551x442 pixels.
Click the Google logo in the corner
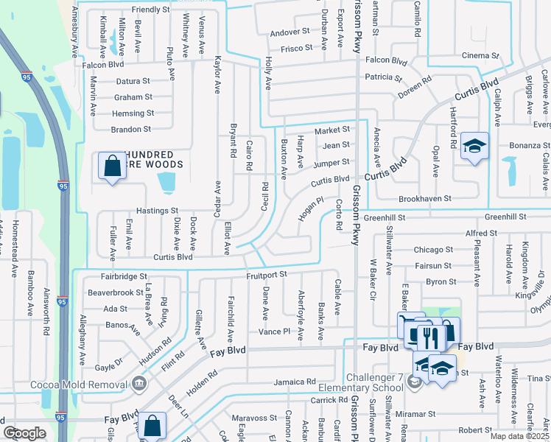25,433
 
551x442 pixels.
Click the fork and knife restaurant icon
431,337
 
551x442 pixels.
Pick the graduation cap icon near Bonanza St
474,147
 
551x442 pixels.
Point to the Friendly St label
150,10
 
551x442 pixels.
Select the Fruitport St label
266,275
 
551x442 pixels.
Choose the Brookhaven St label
424,199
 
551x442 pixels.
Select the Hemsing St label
133,113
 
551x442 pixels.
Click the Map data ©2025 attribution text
519,436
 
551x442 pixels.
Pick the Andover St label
289,32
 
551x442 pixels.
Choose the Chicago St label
433,250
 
